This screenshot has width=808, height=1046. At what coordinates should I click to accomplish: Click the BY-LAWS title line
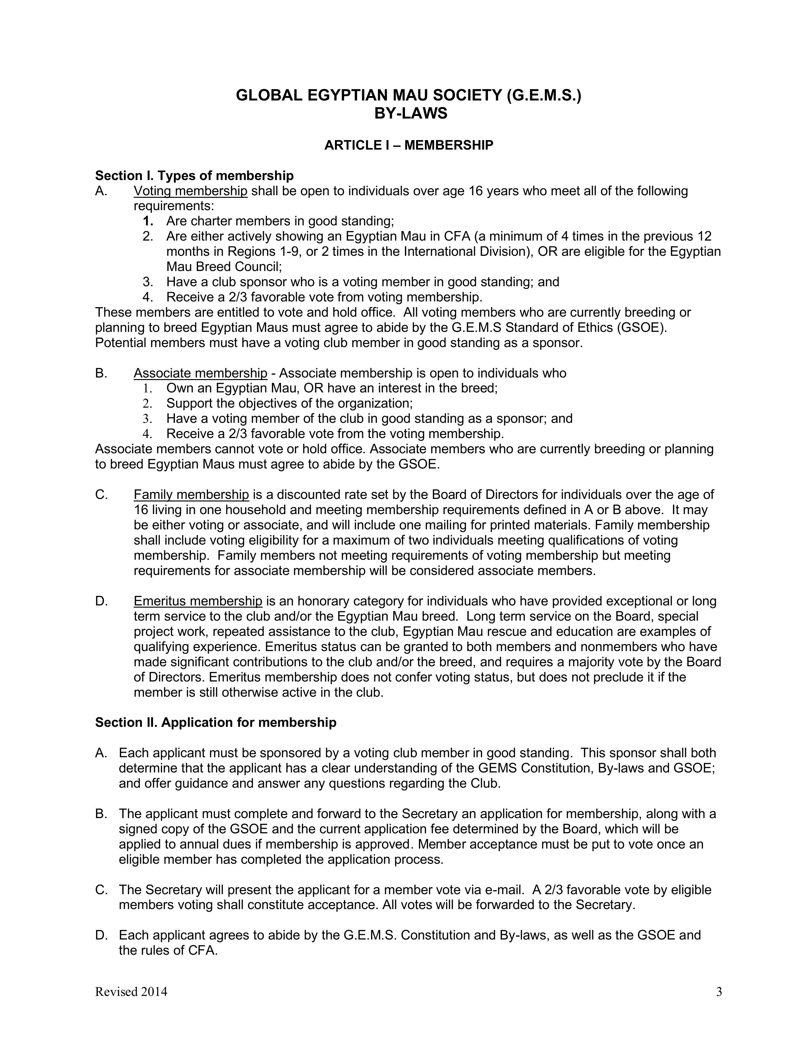point(410,113)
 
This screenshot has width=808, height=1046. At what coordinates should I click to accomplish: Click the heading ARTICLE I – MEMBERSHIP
point(409,145)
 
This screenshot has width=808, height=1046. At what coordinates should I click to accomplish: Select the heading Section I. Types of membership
point(194,176)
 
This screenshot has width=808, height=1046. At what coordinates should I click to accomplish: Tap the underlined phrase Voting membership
point(190,191)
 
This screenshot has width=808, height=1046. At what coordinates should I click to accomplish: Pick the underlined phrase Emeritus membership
point(198,601)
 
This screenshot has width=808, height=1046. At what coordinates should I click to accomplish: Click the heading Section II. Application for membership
point(215,722)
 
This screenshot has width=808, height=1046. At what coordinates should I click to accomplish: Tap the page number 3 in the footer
point(719,992)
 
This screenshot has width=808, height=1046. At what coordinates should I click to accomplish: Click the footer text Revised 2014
point(131,992)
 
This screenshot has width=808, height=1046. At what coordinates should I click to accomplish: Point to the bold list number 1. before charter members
point(148,221)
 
